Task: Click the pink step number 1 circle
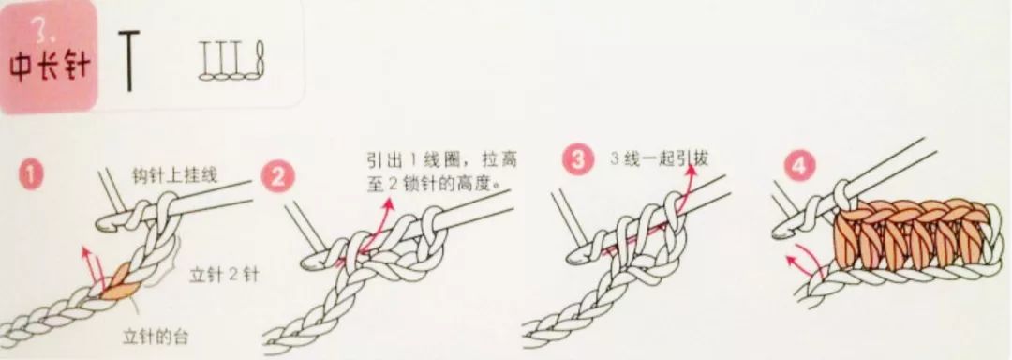click(36, 175)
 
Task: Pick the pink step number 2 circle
click(277, 175)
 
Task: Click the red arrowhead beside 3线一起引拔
click(698, 166)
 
